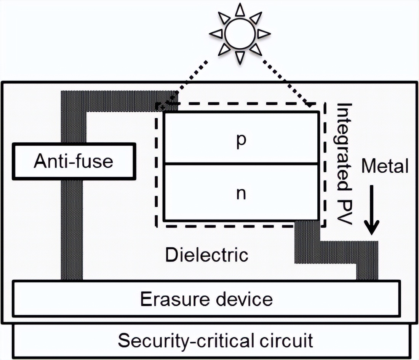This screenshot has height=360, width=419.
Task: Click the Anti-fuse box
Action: (74, 161)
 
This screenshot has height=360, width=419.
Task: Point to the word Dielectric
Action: (207, 254)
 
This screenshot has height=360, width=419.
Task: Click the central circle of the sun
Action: (240, 34)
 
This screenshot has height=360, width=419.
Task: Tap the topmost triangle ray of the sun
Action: (240, 10)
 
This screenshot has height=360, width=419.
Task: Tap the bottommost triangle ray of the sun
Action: (240, 57)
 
